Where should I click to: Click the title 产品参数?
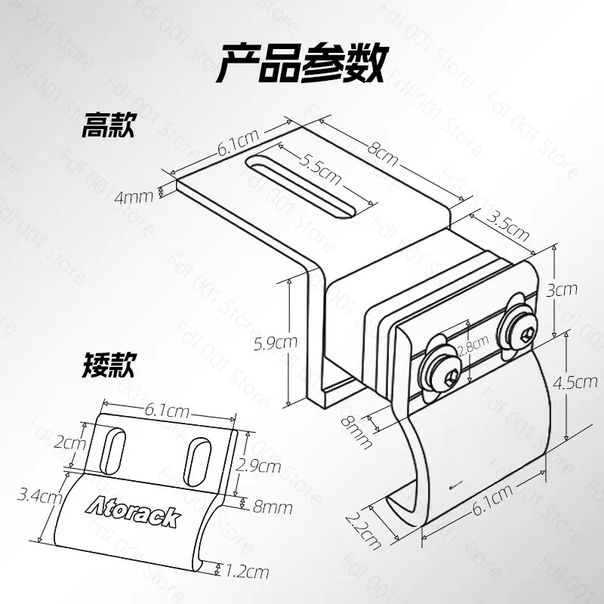tap(303, 63)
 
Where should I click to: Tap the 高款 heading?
tap(108, 125)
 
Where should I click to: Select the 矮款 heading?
tap(108, 365)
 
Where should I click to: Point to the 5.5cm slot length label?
tap(320, 170)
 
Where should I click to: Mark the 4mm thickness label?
tap(134, 197)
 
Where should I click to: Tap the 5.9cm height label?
tap(276, 343)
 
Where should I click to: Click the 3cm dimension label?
tap(562, 290)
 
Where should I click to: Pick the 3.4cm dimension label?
tap(40, 496)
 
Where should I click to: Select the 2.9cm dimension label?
tap(258, 466)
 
